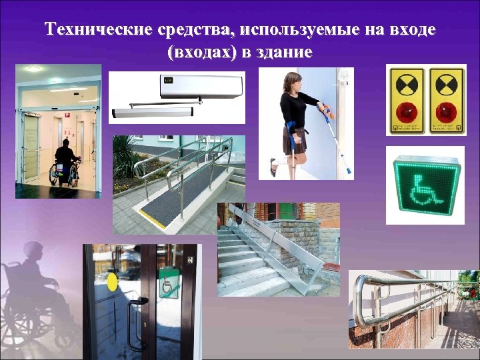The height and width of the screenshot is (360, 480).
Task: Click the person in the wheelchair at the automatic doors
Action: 65,163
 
